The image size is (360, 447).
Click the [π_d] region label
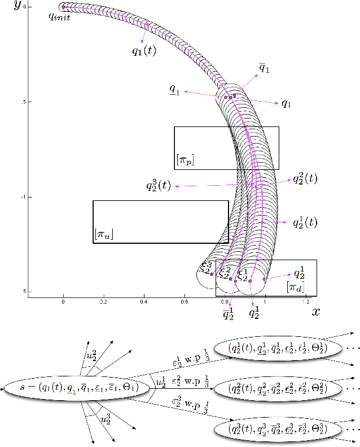point(295,287)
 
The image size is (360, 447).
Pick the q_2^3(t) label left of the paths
point(159,185)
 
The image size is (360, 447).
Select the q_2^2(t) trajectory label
point(305,179)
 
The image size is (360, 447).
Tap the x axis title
point(317,311)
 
